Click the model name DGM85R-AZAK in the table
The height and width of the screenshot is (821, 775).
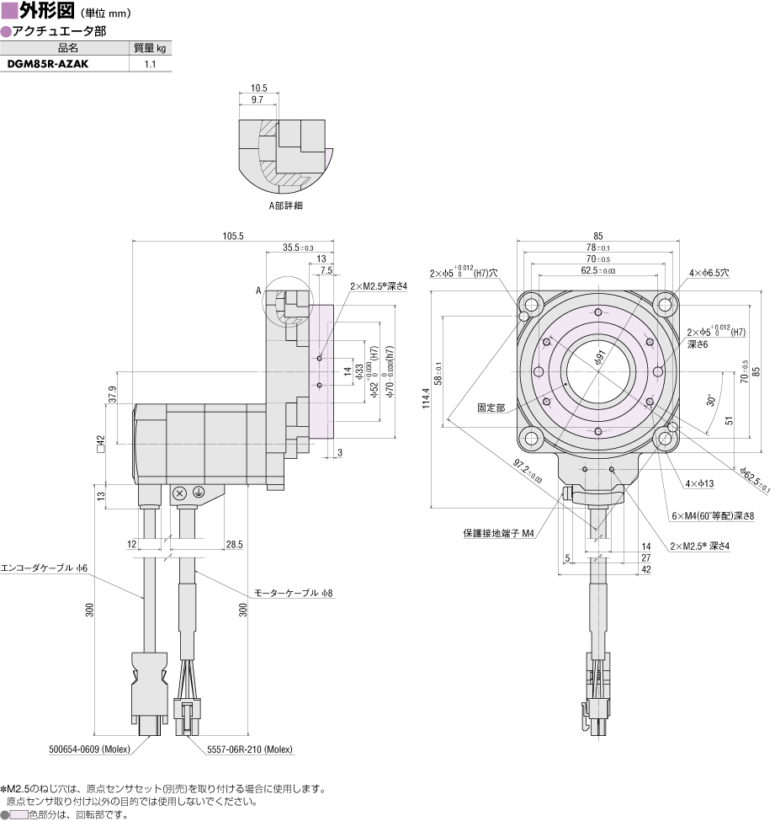point(48,64)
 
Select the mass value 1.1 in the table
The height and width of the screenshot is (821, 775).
point(150,64)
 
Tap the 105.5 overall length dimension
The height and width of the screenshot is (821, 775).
point(233,236)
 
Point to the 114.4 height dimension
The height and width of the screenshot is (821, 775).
point(426,398)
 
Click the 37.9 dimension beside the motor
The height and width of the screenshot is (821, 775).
point(112,395)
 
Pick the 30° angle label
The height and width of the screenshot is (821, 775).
point(711,401)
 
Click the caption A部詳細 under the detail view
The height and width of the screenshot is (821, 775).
point(286,205)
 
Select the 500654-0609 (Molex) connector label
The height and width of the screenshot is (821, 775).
point(89,749)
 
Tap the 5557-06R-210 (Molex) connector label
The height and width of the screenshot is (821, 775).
point(250,749)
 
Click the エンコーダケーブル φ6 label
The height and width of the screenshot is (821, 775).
point(44,568)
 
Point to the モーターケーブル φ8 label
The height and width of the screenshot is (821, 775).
point(294,593)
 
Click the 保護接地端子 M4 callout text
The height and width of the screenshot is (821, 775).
point(499,533)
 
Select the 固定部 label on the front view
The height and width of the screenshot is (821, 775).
point(491,408)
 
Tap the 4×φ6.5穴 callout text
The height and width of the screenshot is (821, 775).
point(709,273)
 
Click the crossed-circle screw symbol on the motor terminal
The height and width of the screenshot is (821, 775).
point(180,493)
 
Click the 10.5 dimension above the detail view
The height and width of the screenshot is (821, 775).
point(258,88)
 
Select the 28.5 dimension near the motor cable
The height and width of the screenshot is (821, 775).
point(235,545)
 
